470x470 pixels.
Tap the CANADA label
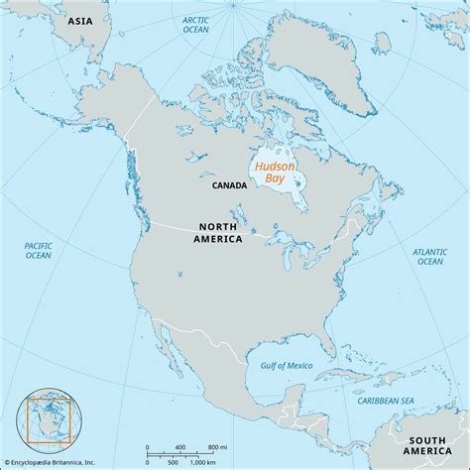click(x=230, y=184)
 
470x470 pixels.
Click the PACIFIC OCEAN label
click(x=39, y=249)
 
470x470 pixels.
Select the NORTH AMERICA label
click(x=218, y=232)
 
